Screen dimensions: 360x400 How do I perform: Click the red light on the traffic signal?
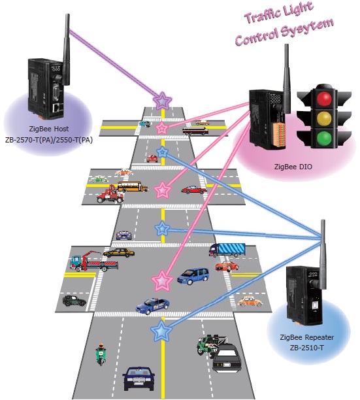pos(324,98)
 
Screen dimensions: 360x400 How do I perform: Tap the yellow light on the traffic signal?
pos(324,118)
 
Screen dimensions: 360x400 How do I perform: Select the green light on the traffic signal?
pos(324,137)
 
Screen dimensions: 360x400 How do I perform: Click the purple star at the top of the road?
pos(162,101)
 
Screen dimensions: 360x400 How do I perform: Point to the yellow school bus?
pos(133,186)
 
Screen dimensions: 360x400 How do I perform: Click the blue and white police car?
pos(152,305)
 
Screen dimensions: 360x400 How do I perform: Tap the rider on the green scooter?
pos(101,354)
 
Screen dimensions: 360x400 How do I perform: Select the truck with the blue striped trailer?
pos(227,250)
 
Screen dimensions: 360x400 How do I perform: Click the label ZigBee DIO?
pos(293,167)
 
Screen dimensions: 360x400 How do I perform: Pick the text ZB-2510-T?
pos(306,348)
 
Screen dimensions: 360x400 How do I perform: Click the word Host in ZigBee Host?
pos(61,129)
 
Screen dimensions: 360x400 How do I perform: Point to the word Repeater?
pos(319,337)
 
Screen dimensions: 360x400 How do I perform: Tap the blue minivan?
pos(193,276)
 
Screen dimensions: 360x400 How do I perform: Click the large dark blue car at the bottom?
pos(139,379)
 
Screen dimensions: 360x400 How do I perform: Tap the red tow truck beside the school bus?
pos(110,195)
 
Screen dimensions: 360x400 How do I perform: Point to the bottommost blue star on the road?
pos(161,331)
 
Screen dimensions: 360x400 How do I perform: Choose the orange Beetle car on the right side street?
pos(250,301)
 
